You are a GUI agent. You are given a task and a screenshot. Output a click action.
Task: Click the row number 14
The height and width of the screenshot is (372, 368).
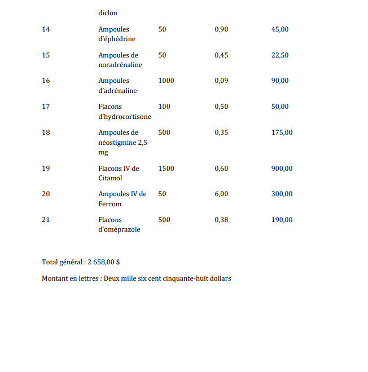pos(46,29)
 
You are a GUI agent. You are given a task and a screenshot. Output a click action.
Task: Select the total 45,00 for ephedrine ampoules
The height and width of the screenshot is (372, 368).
pos(280,29)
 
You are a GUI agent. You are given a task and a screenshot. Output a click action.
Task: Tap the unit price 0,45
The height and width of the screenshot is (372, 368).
pos(222,55)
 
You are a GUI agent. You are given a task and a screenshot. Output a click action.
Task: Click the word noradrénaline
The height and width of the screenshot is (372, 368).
pos(120,65)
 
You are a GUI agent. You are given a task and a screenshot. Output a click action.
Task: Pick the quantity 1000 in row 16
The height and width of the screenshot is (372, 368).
pos(167,81)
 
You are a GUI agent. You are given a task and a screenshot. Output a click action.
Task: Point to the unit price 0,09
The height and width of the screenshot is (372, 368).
pos(222,81)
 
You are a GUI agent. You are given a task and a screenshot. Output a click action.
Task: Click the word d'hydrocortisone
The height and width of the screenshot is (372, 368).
pos(125,117)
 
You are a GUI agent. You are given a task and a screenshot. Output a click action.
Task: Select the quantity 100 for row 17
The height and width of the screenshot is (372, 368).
pos(164,107)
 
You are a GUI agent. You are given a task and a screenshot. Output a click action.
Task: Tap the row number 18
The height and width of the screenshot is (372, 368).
pos(46,132)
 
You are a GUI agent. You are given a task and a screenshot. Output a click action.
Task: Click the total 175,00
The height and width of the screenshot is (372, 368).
pos(282,132)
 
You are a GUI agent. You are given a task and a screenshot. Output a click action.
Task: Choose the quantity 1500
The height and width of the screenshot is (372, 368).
pos(167,169)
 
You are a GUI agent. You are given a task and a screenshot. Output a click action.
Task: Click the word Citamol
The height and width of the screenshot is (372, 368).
pos(110,178)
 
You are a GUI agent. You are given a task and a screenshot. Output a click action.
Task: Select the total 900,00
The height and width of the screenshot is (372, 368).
pos(282,169)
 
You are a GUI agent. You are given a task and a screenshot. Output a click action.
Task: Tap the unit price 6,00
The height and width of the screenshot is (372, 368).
pos(222,194)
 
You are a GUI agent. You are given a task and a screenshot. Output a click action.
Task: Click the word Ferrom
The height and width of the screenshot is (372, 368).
pos(109,204)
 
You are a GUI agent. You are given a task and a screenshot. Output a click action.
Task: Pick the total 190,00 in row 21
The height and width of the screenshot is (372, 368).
pos(282,220)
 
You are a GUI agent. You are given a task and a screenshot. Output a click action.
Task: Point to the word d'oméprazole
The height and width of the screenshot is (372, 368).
pos(119,229)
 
